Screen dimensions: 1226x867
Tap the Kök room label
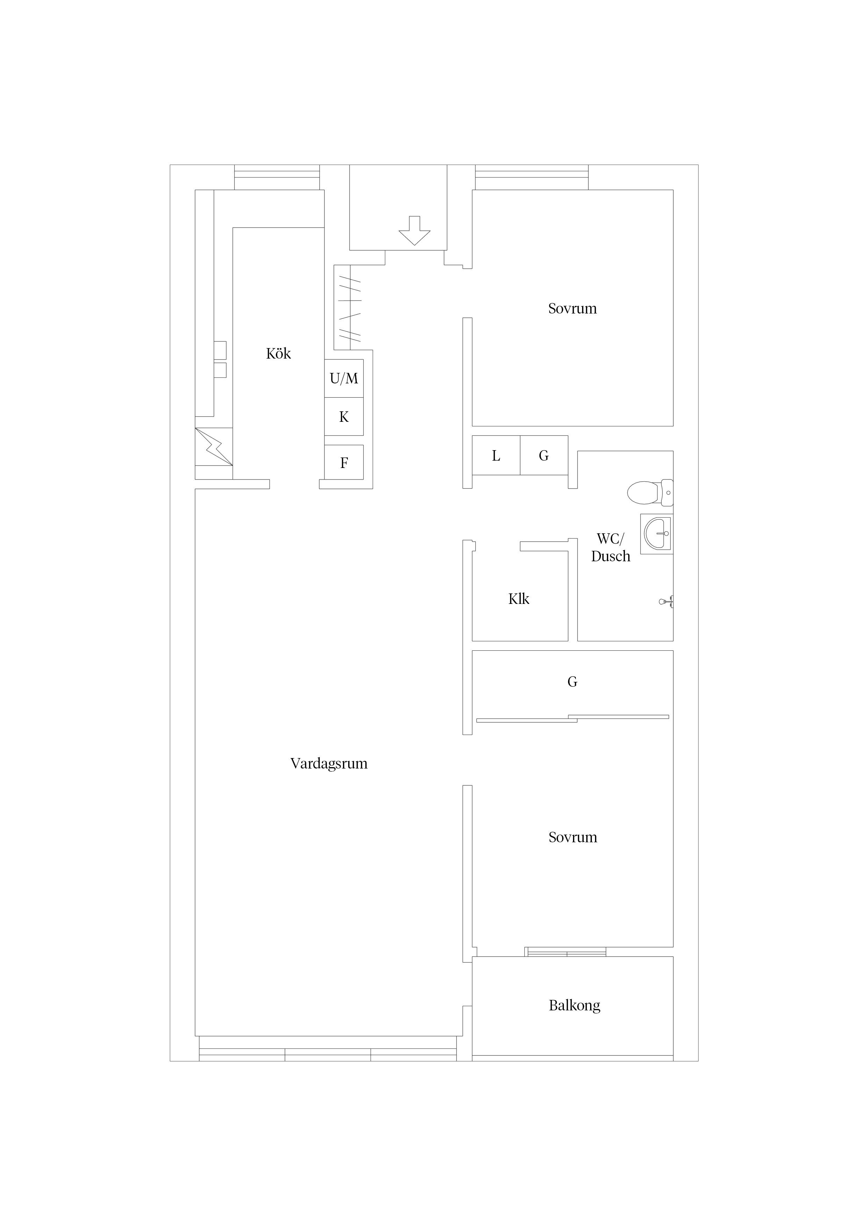278,353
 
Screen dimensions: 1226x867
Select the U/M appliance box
344,378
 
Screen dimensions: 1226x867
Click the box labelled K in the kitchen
344,417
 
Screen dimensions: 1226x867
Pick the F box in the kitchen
344,462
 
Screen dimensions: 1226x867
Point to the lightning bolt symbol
214,446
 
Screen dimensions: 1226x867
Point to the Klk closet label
519,599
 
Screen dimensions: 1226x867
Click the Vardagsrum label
329,764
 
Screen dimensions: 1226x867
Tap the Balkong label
574,1005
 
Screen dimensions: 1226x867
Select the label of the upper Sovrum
572,309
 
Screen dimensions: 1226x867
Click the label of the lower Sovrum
573,837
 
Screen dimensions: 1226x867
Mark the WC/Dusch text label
611,547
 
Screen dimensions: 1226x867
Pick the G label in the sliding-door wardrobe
572,682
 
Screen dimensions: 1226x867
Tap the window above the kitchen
277,177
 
